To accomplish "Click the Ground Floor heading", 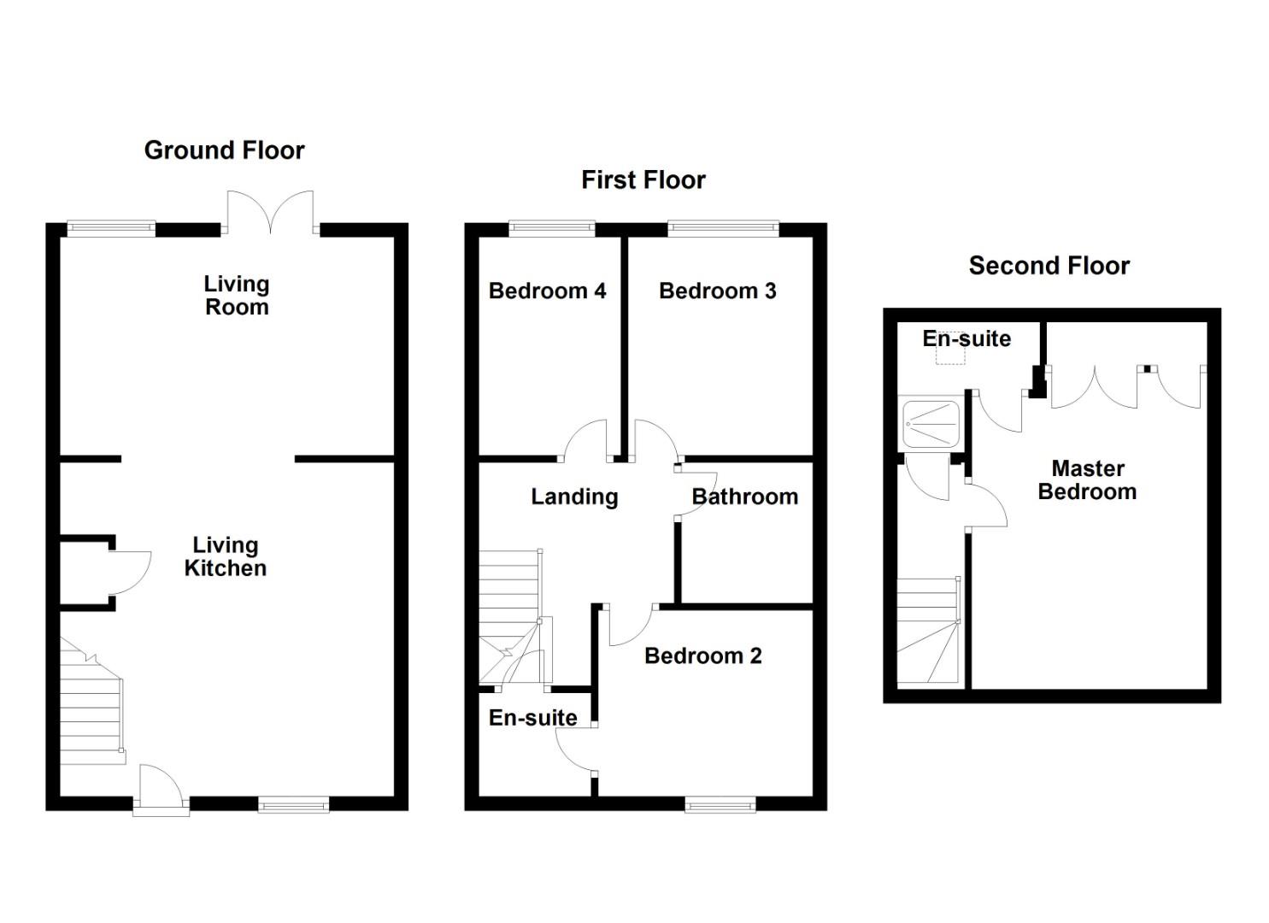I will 224,150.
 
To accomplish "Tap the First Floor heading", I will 643,180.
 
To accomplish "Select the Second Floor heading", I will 1049,266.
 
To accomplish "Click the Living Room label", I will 237,296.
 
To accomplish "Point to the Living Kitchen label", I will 226,556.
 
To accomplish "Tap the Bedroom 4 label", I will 547,291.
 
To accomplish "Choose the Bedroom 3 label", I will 717,291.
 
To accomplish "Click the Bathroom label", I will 744,497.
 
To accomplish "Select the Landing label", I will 574,497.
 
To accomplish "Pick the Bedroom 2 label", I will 702,656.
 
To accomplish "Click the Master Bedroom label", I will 1087,479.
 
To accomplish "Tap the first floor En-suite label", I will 532,718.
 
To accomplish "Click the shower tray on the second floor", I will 931,423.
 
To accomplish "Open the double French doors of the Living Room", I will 271,214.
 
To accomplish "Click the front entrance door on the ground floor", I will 161,791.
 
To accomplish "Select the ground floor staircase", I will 90,709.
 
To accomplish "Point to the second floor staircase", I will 928,632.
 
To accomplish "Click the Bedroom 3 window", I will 723,228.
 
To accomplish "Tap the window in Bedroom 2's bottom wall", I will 720,804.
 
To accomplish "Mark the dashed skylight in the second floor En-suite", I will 950,354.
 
